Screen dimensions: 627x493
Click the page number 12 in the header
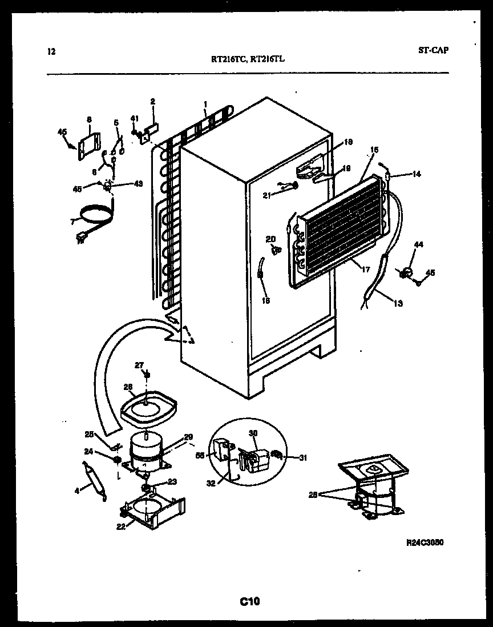click(51, 52)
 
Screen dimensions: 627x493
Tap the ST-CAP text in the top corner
click(433, 50)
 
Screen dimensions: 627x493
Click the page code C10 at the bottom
click(249, 601)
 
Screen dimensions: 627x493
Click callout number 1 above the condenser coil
click(205, 104)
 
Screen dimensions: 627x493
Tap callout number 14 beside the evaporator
click(417, 174)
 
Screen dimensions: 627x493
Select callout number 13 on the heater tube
click(397, 303)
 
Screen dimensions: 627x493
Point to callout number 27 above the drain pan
click(139, 365)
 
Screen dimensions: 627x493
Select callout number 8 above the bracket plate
click(89, 119)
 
